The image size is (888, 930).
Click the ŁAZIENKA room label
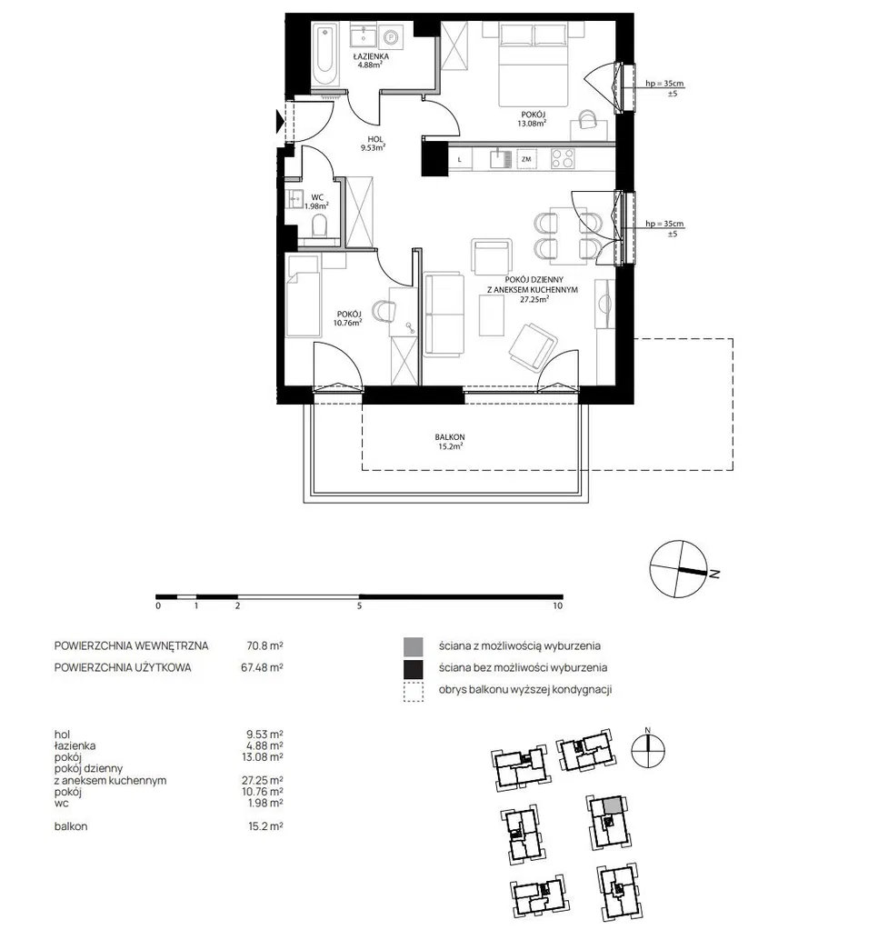[x=371, y=56]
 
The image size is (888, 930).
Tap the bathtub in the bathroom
[x=324, y=55]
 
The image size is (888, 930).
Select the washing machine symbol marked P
[x=391, y=37]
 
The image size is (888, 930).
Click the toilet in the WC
[x=319, y=226]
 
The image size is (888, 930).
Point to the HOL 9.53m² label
[x=374, y=144]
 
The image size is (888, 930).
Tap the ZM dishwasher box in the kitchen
[x=526, y=159]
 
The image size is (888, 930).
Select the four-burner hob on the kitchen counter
[x=563, y=158]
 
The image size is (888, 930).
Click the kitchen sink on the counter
[x=501, y=158]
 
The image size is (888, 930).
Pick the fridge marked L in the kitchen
[x=460, y=159]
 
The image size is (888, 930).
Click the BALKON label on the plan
[x=450, y=437]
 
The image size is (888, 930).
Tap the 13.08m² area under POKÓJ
[x=532, y=124]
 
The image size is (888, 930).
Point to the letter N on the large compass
[x=714, y=575]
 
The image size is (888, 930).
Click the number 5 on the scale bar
[x=359, y=606]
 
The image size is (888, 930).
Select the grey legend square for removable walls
[x=413, y=646]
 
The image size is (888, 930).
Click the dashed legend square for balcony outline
[x=413, y=692]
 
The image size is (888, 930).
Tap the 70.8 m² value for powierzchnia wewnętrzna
[x=264, y=645]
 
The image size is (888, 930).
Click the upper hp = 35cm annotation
[x=664, y=84]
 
